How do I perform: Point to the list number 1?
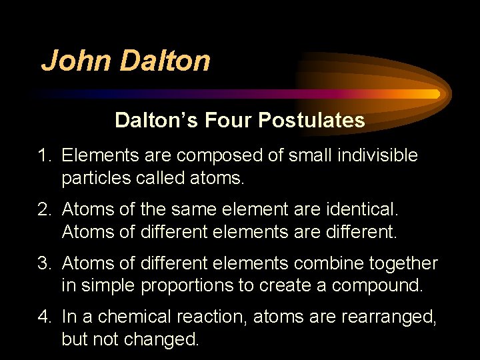[x=44, y=156]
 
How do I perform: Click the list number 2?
[x=44, y=210]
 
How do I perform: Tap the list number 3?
[x=44, y=264]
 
